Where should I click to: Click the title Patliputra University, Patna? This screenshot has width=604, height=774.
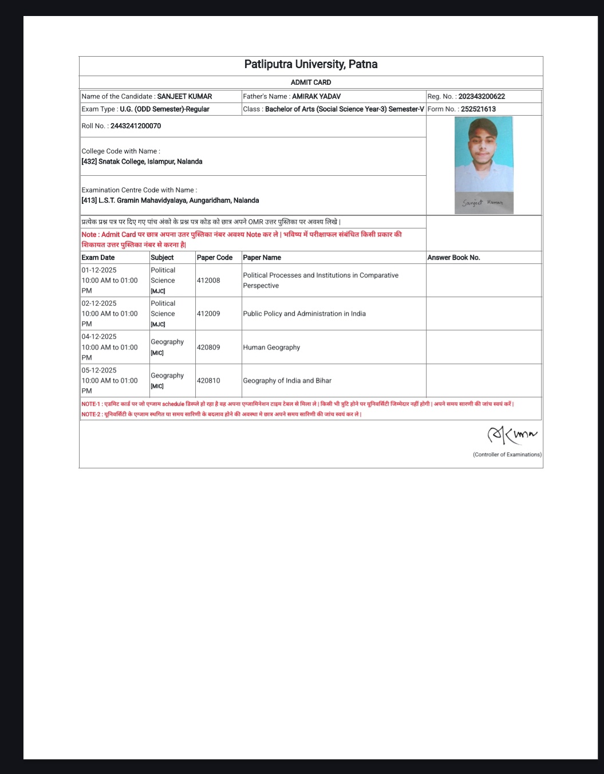click(311, 64)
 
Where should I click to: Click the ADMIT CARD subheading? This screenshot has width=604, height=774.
click(311, 82)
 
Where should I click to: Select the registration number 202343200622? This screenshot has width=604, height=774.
click(481, 97)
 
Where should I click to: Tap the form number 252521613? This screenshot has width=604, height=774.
click(478, 109)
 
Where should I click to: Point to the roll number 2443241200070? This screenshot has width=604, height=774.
click(136, 126)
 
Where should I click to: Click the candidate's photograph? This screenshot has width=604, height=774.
click(483, 155)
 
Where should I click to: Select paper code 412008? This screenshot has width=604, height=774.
click(208, 281)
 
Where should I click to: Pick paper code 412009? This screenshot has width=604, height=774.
click(208, 314)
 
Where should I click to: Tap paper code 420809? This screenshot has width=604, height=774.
click(208, 347)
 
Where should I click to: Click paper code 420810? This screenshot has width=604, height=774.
click(208, 381)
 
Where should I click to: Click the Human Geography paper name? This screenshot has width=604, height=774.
click(271, 347)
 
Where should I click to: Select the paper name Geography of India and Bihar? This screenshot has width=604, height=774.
click(287, 381)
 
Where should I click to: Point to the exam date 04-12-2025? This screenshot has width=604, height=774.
click(99, 337)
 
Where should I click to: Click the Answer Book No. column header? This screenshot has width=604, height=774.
click(453, 258)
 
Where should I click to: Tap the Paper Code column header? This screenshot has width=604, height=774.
click(215, 258)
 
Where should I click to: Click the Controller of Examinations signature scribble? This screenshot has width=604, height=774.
click(512, 436)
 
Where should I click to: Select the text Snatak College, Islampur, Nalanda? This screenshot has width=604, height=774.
click(150, 162)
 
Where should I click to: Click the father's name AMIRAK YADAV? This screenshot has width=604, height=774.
click(316, 97)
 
